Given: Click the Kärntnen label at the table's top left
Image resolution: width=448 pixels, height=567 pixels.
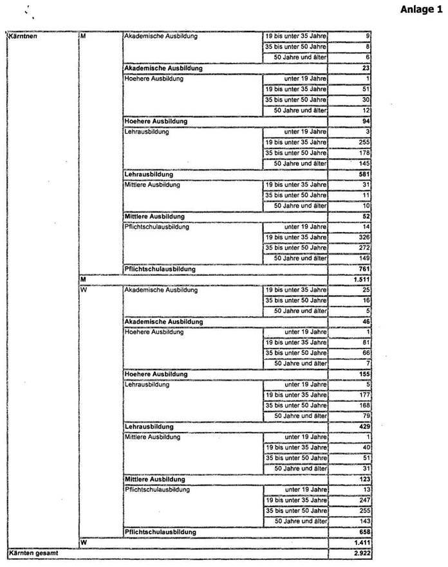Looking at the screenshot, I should (x=22, y=37).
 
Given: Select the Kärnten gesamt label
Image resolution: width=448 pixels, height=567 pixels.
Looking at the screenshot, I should (x=31, y=552).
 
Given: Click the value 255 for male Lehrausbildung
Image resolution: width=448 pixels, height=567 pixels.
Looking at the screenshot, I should (x=364, y=142).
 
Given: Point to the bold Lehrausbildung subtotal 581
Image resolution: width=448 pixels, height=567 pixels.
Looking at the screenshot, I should (x=364, y=174).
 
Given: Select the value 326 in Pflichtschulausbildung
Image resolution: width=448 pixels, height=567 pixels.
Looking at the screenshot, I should (x=364, y=237).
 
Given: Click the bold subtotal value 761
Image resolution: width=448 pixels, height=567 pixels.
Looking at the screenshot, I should (x=364, y=269).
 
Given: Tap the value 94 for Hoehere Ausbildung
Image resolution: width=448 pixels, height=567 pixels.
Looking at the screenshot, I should (x=366, y=121).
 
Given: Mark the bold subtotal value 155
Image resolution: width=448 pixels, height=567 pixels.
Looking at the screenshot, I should (x=364, y=374).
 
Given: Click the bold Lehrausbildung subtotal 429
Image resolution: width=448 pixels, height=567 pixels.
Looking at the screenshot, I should (x=364, y=427).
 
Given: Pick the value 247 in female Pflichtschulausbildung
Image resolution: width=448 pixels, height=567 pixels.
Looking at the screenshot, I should (x=364, y=500).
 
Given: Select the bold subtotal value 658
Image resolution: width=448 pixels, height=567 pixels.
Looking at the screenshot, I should (x=364, y=532).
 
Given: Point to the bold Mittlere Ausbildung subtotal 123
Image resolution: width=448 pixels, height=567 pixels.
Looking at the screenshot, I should (x=364, y=480).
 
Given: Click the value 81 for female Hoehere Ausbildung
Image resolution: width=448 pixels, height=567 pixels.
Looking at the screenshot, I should (x=366, y=343).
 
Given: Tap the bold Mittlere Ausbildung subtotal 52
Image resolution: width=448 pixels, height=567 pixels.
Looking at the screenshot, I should (x=366, y=216).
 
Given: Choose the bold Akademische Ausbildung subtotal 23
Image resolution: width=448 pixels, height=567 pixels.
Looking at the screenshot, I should (x=366, y=68).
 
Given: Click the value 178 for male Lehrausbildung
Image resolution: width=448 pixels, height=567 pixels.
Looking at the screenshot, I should (x=364, y=153).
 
